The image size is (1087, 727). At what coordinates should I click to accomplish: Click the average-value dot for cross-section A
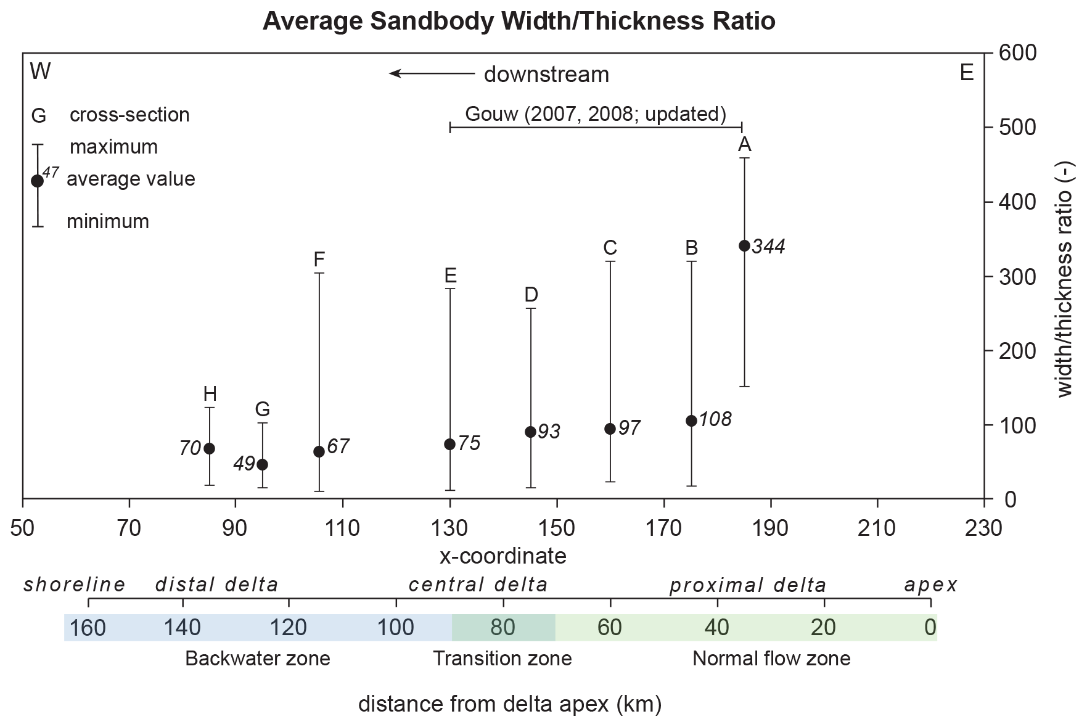pos(744,246)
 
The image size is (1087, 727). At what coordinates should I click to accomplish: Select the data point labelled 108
pos(691,421)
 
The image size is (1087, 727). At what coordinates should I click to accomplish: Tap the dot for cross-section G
pos(262,464)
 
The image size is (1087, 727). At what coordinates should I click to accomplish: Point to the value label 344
pos(768,247)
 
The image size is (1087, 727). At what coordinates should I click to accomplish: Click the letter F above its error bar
pos(319,260)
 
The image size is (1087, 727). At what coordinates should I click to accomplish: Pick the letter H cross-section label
pos(210,394)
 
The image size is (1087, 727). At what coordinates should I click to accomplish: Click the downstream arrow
pos(432,74)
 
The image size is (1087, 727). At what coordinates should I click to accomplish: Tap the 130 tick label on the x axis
pos(450,528)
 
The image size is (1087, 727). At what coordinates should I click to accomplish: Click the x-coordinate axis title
pos(502,556)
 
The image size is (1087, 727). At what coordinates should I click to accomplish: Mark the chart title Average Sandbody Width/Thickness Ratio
pos(519,21)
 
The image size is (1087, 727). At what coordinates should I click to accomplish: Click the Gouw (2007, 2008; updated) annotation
pos(595,114)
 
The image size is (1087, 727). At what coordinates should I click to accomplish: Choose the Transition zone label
pos(502,659)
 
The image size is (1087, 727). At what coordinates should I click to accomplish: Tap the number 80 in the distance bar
pos(502,628)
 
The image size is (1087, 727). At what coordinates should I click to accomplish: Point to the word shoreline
pos(75,585)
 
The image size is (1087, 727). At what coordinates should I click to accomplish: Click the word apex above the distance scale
pos(930,585)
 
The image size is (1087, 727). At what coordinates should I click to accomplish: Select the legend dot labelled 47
pos(37,181)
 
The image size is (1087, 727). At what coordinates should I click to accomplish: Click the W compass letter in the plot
pos(40,72)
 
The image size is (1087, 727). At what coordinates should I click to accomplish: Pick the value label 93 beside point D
pos(549,432)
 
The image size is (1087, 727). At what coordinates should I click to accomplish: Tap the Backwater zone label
pos(257,659)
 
